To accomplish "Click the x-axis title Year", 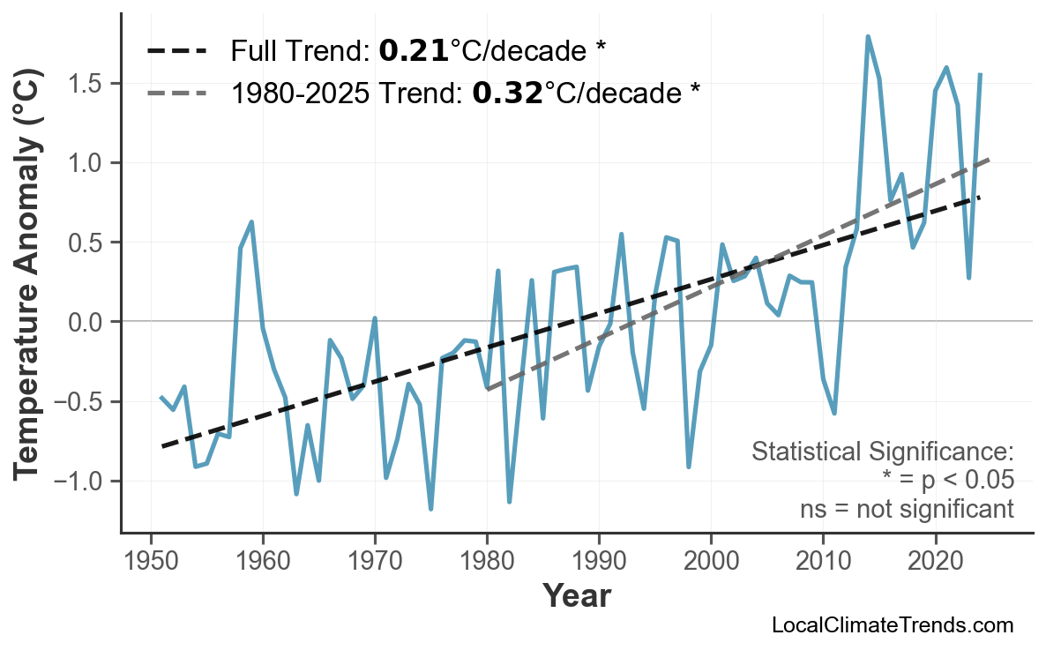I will point(576,597).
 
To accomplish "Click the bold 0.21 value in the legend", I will point(414,51).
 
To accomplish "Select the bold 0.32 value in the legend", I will point(507,93).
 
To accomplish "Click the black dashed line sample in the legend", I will point(176,51).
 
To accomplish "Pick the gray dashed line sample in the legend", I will point(176,93).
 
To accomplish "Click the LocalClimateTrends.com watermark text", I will point(893,626).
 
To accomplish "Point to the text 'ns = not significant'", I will point(907,509).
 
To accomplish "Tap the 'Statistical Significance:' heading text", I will point(883,452).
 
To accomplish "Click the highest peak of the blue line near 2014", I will point(868,37).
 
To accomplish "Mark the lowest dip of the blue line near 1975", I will point(430,509).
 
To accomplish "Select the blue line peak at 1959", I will point(252,222).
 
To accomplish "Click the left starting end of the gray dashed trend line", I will point(487,388).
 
